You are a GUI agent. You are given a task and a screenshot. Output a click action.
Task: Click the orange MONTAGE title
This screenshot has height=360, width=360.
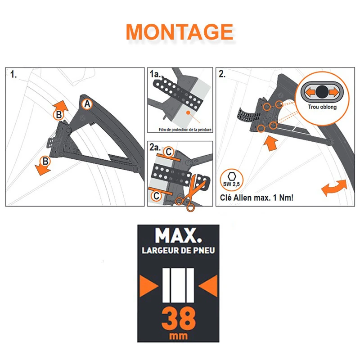pyautogui.click(x=180, y=31)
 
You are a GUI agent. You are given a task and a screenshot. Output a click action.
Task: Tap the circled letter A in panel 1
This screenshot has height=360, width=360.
pyautogui.click(x=87, y=104)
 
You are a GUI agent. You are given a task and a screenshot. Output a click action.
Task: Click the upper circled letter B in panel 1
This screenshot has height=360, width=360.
pyautogui.click(x=59, y=115)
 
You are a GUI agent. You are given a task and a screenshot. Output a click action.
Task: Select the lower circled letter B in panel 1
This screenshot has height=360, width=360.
pyautogui.click(x=45, y=161)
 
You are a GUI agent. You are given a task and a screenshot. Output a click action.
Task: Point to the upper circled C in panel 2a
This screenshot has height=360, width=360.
pyautogui.click(x=169, y=152)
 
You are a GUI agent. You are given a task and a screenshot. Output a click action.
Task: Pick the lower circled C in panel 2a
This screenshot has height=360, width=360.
pyautogui.click(x=157, y=196)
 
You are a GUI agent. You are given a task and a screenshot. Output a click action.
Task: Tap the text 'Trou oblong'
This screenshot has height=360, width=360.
pyautogui.click(x=322, y=107)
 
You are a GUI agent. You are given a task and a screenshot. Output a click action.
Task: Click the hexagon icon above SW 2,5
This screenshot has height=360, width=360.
pyautogui.click(x=232, y=176)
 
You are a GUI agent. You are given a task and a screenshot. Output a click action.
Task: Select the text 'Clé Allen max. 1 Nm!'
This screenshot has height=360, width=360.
pyautogui.click(x=256, y=198)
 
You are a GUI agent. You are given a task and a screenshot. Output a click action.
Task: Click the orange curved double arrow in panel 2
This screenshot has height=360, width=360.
pyautogui.click(x=334, y=188)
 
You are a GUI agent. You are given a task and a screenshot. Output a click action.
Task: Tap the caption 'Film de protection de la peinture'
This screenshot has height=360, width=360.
pyautogui.click(x=185, y=130)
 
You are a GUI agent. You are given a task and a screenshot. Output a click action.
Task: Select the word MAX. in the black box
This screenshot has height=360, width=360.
pyautogui.click(x=178, y=235)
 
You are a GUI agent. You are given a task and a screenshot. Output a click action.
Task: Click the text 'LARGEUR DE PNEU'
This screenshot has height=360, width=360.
pyautogui.click(x=178, y=251)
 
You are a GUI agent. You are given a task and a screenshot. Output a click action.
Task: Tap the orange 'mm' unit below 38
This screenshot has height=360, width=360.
pyautogui.click(x=178, y=336)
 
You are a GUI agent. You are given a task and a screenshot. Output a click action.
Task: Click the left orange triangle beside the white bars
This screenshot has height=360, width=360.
pyautogui.click(x=149, y=286)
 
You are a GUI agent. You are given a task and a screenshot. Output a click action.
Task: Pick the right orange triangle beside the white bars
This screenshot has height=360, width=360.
pyautogui.click(x=208, y=286)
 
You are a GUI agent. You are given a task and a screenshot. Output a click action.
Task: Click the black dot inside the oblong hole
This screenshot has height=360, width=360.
pyautogui.click(x=322, y=92)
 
